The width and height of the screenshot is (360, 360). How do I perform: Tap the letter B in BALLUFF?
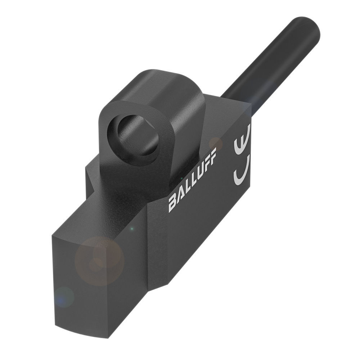[173, 203]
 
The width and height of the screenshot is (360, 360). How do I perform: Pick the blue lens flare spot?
[64, 297]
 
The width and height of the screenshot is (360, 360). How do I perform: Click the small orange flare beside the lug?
[216, 143]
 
